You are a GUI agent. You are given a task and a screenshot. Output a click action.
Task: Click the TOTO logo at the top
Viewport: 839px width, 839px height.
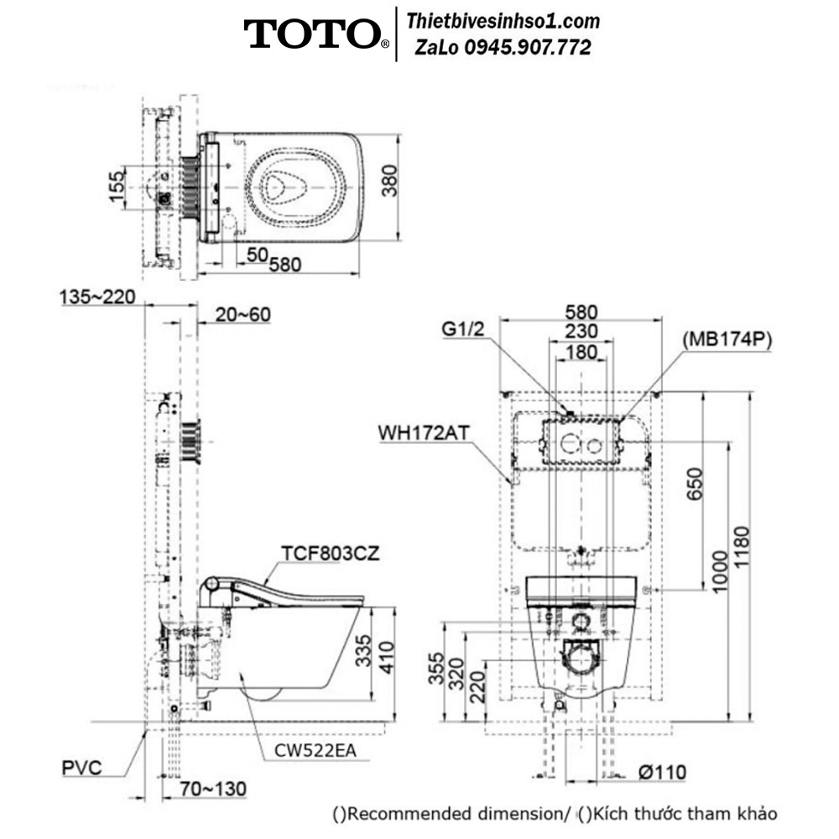[316, 34]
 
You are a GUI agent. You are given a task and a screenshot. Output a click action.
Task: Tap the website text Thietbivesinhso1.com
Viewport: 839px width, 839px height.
[503, 22]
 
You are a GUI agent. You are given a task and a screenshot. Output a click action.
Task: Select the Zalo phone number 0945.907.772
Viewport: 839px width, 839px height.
[528, 48]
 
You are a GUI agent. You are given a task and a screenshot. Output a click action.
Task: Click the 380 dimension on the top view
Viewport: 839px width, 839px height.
[391, 181]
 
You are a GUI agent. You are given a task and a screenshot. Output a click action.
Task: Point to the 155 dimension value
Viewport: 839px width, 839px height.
[117, 185]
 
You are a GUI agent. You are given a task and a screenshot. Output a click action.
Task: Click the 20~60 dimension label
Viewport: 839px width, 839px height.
[243, 315]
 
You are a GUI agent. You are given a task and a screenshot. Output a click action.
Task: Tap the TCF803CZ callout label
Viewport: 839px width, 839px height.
[330, 553]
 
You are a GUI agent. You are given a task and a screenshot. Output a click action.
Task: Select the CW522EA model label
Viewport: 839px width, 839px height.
[315, 751]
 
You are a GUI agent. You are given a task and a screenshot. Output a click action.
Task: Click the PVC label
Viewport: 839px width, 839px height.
[82, 768]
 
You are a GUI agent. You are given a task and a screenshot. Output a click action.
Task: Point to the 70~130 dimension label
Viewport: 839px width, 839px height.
[212, 789]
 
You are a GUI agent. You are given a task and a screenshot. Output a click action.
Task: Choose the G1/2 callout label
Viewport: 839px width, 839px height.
[463, 329]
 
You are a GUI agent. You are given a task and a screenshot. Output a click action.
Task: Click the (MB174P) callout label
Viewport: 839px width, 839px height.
[727, 339]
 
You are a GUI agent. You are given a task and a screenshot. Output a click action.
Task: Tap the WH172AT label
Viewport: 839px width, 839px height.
[424, 432]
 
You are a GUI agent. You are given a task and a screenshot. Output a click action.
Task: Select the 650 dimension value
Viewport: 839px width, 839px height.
[695, 484]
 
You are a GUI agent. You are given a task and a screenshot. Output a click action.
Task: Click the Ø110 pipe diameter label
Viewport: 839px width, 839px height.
[662, 772]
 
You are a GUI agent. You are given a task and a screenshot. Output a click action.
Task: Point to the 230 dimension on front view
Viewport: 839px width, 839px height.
[581, 331]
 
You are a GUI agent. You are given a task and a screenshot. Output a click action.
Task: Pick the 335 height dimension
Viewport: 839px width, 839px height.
[363, 651]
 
